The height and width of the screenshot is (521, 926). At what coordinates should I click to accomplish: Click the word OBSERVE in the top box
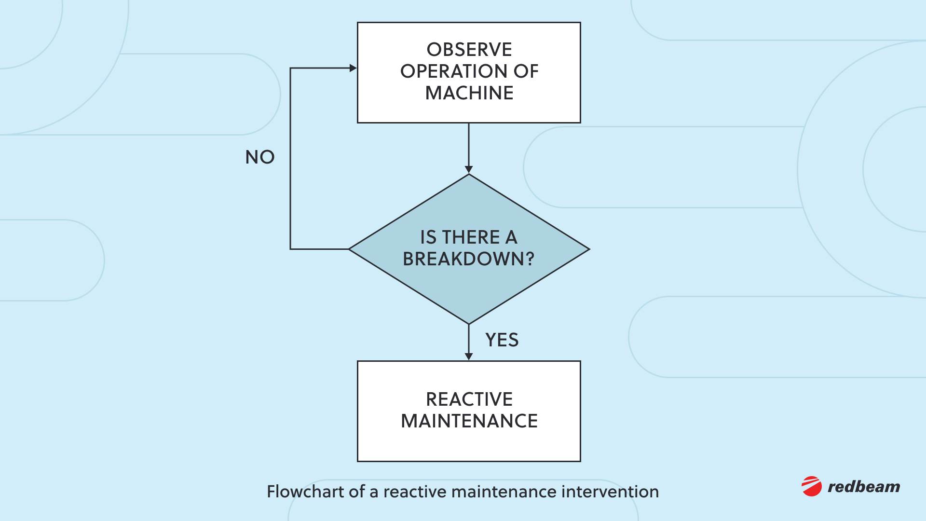click(x=469, y=50)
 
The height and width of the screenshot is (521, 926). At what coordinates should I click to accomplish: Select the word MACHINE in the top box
click(x=469, y=93)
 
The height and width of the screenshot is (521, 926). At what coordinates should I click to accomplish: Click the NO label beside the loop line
click(x=259, y=157)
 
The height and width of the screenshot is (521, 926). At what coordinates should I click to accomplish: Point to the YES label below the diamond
click(x=502, y=340)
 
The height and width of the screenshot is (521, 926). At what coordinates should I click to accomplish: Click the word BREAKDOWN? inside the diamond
click(x=468, y=259)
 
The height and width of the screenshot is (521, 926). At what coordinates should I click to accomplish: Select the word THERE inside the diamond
click(x=471, y=237)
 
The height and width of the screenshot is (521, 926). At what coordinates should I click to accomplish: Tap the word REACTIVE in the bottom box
click(x=469, y=399)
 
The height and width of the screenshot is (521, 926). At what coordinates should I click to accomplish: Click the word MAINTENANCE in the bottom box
click(x=469, y=421)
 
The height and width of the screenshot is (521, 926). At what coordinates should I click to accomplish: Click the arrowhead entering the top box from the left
click(x=353, y=68)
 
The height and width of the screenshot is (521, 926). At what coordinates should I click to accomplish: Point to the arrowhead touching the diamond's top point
click(x=469, y=169)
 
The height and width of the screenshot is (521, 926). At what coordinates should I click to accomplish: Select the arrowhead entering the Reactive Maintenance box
click(x=469, y=356)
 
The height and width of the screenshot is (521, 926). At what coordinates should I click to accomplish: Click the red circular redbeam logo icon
click(x=812, y=486)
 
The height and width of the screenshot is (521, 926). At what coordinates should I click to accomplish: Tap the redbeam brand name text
click(x=864, y=487)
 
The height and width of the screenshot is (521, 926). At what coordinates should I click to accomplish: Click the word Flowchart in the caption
click(x=305, y=492)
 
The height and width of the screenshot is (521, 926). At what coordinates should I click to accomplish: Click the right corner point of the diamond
click(x=588, y=249)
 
